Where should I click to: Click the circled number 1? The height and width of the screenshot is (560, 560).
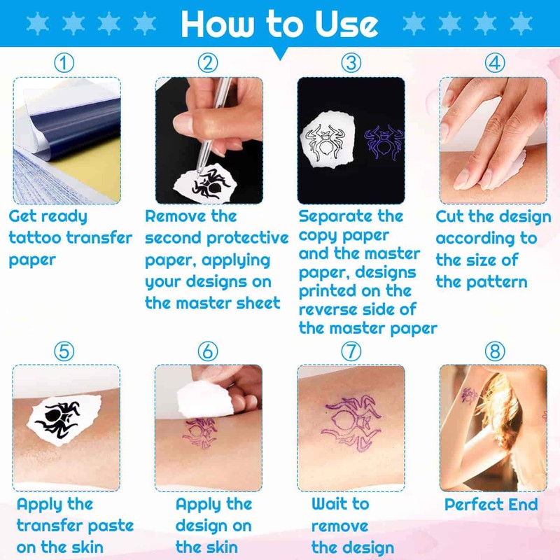tap(64, 63)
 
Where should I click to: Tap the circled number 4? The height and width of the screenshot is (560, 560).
tap(495, 63)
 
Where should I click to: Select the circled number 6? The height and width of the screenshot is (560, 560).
tap(208, 351)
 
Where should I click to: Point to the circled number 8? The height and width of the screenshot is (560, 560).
tap(495, 351)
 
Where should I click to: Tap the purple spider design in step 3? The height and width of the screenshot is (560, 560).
tap(384, 143)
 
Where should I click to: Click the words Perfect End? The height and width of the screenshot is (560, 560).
tap(491, 505)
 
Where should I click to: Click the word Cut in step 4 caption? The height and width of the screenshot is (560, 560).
tap(451, 216)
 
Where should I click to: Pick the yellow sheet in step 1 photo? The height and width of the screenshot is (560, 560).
tap(77, 178)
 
